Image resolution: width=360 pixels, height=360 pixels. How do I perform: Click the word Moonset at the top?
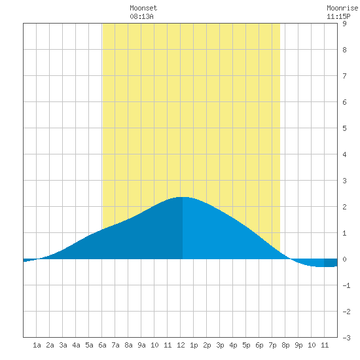coord(143,8)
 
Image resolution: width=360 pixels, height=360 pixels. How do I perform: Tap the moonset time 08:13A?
coord(141,16)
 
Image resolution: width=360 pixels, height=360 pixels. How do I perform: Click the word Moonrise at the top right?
coord(342,8)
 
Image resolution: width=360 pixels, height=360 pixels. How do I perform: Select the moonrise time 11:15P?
coord(338,16)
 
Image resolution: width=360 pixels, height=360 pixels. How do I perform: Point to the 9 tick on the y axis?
coord(344,24)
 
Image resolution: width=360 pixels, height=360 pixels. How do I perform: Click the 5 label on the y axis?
coord(344,128)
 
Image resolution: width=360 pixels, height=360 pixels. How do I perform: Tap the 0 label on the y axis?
coord(344,259)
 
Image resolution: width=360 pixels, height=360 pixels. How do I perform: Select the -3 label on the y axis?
coord(346,338)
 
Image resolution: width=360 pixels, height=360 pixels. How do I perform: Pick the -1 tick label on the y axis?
coord(346,285)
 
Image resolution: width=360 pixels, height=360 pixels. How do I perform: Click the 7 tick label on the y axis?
coord(344,76)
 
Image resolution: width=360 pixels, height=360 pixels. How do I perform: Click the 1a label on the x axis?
coord(37,345)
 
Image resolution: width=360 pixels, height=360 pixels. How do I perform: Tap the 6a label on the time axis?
coord(102,345)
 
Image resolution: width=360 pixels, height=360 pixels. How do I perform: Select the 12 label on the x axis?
coord(181,345)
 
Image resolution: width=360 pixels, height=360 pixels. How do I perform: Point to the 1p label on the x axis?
coord(194,345)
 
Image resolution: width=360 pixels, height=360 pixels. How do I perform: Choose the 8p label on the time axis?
coord(285,345)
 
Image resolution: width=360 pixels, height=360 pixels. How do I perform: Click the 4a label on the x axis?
coord(76,345)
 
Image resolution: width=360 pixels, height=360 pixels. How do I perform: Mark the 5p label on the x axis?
coord(246,345)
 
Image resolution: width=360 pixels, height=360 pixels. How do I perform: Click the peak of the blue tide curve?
coord(183,197)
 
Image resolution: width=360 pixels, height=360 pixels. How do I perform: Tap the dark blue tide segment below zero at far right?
coord(331,262)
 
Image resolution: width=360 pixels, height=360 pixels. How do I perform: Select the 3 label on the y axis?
coord(344,181)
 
